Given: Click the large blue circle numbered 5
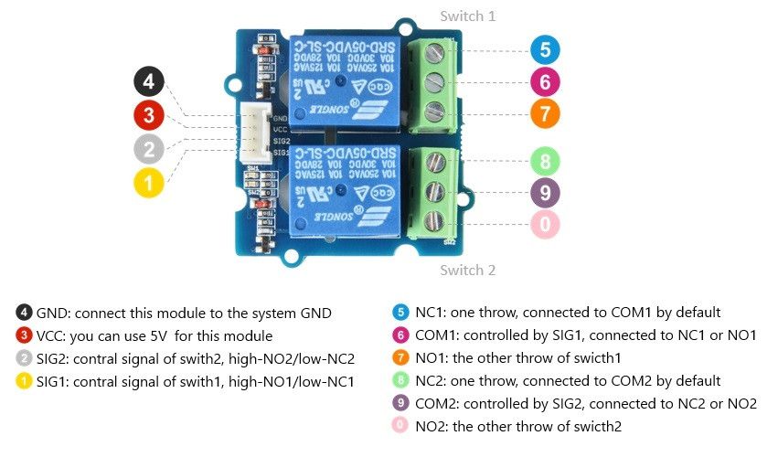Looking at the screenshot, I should pyautogui.click(x=545, y=49).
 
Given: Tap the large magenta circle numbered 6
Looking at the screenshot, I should pyautogui.click(x=545, y=81).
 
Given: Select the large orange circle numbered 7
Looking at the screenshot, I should pyautogui.click(x=545, y=113).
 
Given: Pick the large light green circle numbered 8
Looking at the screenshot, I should pyautogui.click(x=545, y=162).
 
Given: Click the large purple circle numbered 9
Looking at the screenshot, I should pyautogui.click(x=545, y=193).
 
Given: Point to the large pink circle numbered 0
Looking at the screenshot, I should pyautogui.click(x=545, y=224).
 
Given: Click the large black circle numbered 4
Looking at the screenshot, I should pyautogui.click(x=149, y=82).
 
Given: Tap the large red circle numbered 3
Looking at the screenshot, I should pyautogui.click(x=149, y=115).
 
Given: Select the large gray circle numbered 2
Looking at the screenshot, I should pyautogui.click(x=149, y=148).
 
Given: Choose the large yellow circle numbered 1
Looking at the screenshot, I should pyautogui.click(x=149, y=182).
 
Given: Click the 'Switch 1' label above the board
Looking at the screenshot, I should pyautogui.click(x=468, y=16).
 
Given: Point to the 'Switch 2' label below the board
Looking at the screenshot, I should pyautogui.click(x=468, y=271).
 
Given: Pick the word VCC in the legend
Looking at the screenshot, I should pyautogui.click(x=53, y=335).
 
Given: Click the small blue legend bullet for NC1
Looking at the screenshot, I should pyautogui.click(x=400, y=313).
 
